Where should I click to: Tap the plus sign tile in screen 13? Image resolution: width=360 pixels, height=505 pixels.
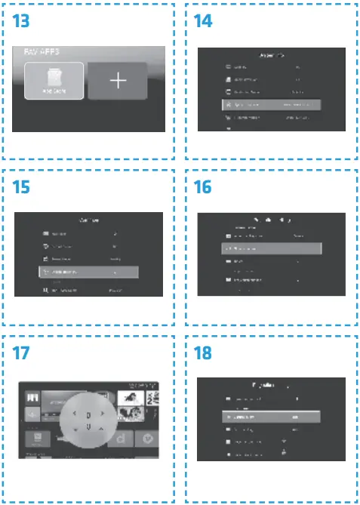pos(117,82)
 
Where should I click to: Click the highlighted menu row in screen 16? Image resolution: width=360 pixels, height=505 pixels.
pos(269,248)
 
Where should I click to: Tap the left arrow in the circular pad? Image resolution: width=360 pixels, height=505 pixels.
pos(72,414)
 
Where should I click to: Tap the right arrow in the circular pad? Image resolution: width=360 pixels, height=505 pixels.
pos(103,414)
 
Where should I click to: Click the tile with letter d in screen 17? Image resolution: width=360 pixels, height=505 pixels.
pos(122,436)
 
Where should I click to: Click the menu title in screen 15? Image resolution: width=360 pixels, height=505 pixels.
pos(90,220)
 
